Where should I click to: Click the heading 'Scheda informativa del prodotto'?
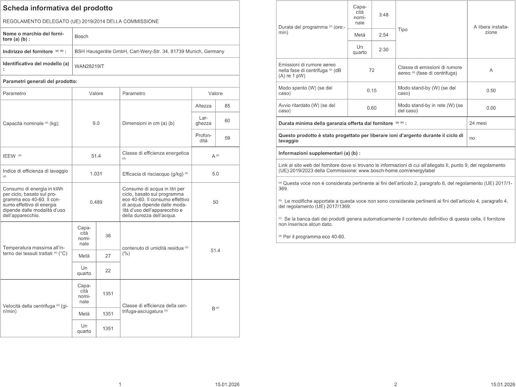point(58,8)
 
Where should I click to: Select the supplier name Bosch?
point(82,36)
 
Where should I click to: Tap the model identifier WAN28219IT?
point(89,66)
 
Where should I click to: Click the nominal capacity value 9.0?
point(96,123)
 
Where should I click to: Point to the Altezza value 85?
point(227,106)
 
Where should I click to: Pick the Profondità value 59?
point(227,138)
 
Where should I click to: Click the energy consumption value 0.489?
point(96,202)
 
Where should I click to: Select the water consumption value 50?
point(215,202)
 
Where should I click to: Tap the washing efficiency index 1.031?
point(96,174)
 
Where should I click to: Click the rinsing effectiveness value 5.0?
point(215,174)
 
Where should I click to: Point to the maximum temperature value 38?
point(108,236)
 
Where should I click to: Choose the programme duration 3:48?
point(384,15)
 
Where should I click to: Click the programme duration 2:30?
point(384,50)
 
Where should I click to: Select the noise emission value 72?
point(372,70)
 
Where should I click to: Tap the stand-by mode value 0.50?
point(491,90)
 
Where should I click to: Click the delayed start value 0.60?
point(372,108)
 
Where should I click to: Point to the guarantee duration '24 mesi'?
point(478,123)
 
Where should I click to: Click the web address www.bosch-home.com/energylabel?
point(397,171)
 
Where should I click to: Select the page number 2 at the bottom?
point(396,384)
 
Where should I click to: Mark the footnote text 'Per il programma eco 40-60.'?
point(314,237)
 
